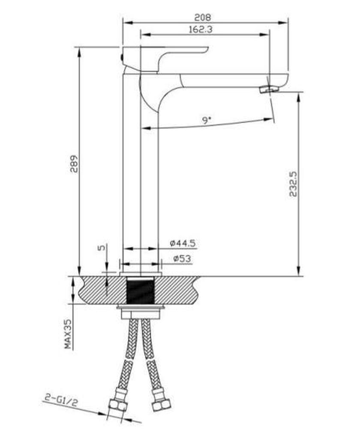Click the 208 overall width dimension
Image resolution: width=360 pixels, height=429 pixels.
point(203,17)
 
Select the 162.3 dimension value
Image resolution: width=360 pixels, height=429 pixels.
point(201,29)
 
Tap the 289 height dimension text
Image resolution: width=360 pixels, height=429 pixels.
point(74,164)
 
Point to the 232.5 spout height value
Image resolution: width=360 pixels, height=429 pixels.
point(293,184)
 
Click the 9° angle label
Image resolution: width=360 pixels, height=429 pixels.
point(207,120)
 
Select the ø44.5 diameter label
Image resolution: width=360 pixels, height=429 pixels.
point(183,243)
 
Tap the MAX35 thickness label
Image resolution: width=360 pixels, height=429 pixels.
point(68,334)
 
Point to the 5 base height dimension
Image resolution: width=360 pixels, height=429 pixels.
point(102,248)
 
